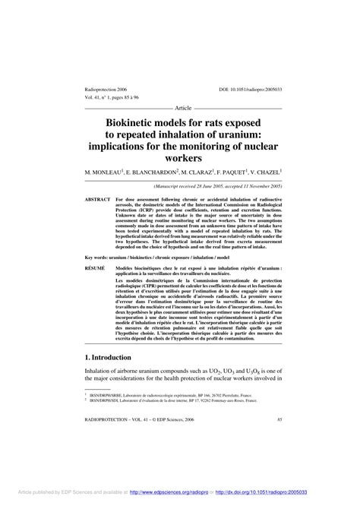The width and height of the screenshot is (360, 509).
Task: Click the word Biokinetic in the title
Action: pyautogui.click(x=132, y=120)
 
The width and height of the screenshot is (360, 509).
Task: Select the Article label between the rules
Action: pyautogui.click(x=186, y=108)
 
